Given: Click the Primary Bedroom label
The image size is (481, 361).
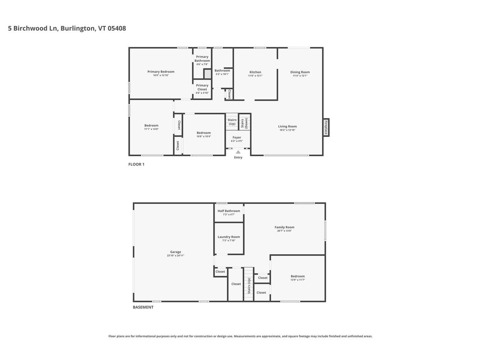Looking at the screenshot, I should pyautogui.click(x=161, y=71).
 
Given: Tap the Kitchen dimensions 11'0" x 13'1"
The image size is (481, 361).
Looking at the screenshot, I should pyautogui.click(x=255, y=76).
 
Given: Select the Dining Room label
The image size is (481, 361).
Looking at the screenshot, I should pyautogui.click(x=300, y=72).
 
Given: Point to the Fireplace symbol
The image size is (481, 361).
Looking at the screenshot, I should pyautogui.click(x=326, y=127).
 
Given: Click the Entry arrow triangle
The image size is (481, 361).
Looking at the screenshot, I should pyautogui.click(x=238, y=152).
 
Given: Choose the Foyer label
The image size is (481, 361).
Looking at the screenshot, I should pyautogui.click(x=237, y=137).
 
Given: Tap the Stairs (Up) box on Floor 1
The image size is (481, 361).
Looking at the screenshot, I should pyautogui.click(x=232, y=122).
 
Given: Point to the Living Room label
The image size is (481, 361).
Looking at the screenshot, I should pyautogui.click(x=287, y=126).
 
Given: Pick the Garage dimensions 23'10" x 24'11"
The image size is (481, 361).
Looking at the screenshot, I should pyautogui.click(x=175, y=256).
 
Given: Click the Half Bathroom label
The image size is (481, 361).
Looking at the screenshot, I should pyautogui.click(x=228, y=211).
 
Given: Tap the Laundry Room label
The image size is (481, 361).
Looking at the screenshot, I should pyautogui.click(x=228, y=237).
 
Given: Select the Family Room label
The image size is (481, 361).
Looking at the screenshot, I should pyautogui.click(x=284, y=227).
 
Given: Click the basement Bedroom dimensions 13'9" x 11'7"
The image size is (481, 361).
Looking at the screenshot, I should pyautogui.click(x=298, y=280).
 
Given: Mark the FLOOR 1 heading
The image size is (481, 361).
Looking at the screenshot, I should pyautogui.click(x=136, y=164).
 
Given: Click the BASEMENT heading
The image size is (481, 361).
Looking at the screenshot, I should pyautogui.click(x=143, y=307).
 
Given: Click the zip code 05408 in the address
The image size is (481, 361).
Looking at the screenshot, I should pyautogui.click(x=117, y=28).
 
